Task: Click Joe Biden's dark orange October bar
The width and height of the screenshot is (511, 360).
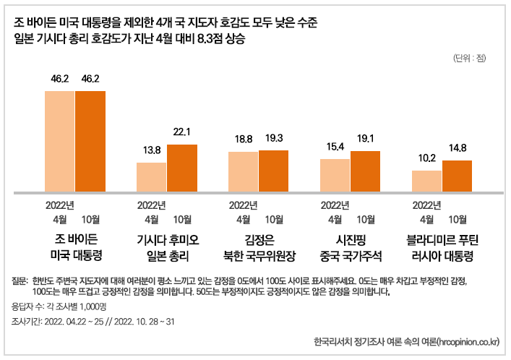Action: click(90, 142)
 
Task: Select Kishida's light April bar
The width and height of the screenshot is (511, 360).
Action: click(151, 178)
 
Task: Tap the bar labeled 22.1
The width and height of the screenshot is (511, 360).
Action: click(181, 168)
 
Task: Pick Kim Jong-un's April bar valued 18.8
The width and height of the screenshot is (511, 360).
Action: click(243, 172)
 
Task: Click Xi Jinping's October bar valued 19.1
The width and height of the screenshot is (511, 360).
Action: click(365, 172)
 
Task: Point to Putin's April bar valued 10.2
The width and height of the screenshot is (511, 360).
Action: click(426, 181)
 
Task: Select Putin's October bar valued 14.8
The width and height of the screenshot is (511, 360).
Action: click(457, 176)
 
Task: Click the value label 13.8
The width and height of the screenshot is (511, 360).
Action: click(151, 150)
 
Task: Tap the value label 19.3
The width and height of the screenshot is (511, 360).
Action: click(273, 137)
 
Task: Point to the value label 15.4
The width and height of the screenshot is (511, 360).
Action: click(335, 146)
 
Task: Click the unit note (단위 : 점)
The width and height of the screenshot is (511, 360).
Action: click(470, 58)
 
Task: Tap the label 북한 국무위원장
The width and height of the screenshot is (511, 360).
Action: click(259, 255)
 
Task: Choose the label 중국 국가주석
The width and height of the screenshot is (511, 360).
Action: click(351, 255)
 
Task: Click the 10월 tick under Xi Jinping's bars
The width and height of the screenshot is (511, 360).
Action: click(366, 218)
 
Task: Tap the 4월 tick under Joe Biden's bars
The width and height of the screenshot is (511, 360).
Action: click(60, 218)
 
